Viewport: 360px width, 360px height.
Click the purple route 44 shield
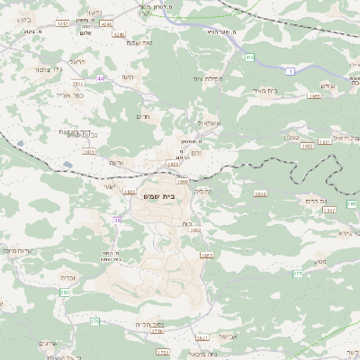click(101, 78)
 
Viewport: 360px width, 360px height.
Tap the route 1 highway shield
click(290, 70)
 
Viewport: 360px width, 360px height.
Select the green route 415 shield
click(250, 58)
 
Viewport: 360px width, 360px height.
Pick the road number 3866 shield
click(261, 193)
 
